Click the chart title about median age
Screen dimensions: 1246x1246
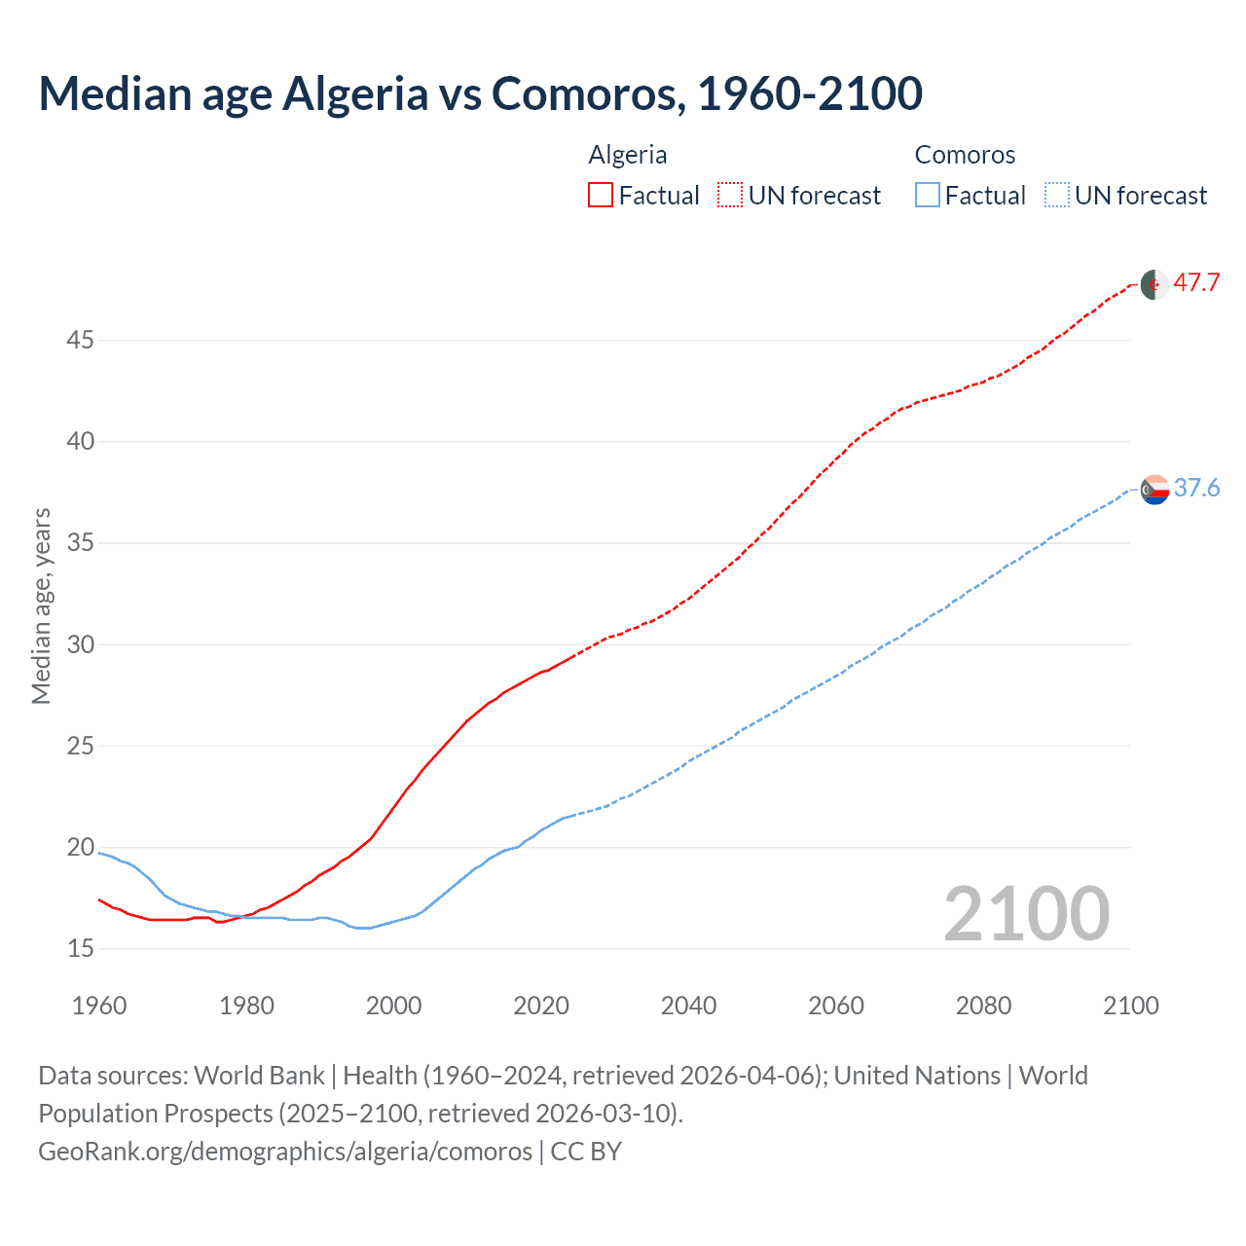click(480, 93)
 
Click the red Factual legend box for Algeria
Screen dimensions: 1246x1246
click(601, 195)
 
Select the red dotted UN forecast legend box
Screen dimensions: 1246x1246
click(730, 195)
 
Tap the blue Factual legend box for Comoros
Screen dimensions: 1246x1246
click(928, 195)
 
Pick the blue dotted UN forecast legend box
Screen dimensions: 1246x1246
click(1057, 195)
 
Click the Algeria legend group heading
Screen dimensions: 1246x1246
click(628, 155)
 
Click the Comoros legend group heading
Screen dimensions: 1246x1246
click(965, 155)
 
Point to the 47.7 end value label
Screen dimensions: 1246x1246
click(1196, 283)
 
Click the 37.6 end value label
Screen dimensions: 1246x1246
click(1196, 488)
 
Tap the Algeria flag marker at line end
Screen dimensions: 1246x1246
click(1154, 285)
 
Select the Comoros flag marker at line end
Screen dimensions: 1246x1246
click(1154, 490)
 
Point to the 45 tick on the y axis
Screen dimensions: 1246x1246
click(81, 341)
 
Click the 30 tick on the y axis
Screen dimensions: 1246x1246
click(81, 644)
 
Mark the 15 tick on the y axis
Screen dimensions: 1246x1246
click(81, 948)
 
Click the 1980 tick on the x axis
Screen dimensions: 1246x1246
click(246, 1006)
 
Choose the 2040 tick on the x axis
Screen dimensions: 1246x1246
click(688, 1006)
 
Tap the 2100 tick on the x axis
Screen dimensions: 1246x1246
click(1130, 1006)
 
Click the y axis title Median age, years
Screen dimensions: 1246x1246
click(41, 605)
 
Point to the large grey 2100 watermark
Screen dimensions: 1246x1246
click(1026, 913)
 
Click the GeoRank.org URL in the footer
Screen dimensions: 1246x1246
click(285, 1152)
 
